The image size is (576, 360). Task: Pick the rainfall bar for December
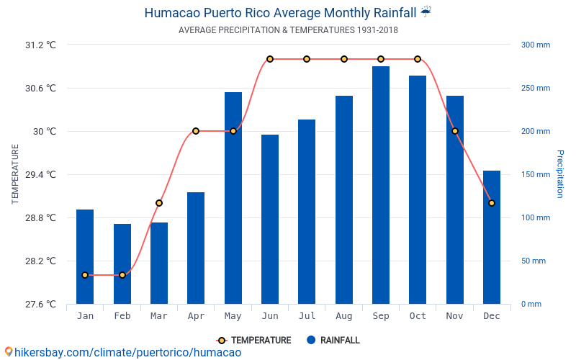point(492,237)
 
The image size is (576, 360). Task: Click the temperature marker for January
point(85,275)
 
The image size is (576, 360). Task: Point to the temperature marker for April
point(196,131)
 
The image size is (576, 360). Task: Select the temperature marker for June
point(270,59)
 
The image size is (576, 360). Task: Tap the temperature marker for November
point(455,131)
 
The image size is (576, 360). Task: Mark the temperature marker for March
point(159,203)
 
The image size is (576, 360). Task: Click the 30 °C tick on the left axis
point(42,131)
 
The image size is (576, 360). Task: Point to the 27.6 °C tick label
point(40,304)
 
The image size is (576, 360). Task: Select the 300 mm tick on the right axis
point(535,45)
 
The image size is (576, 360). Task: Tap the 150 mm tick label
point(535,174)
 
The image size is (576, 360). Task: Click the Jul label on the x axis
point(307,316)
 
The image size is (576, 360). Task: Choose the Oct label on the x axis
point(418,316)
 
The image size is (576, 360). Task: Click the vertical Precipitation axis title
point(560,174)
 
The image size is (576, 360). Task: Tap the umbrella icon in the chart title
point(426,12)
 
